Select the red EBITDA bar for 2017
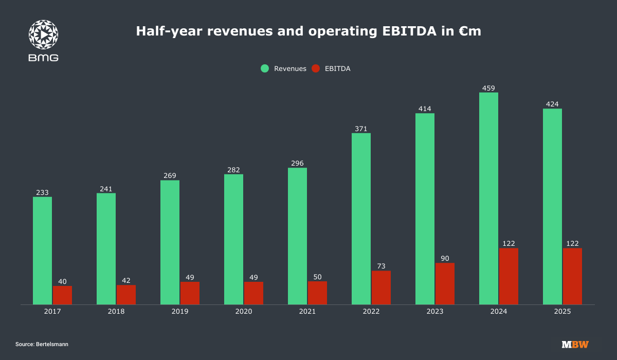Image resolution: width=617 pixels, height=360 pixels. (62, 295)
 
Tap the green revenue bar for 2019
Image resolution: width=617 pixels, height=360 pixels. (170, 242)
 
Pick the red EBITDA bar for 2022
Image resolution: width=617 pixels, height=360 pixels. (381, 287)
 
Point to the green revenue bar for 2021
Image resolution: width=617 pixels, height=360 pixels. (297, 236)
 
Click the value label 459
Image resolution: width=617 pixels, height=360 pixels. (488, 88)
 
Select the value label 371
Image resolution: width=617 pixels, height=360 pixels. (361, 129)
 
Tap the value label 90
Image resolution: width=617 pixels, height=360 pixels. (445, 258)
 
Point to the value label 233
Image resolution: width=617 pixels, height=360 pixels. (42, 192)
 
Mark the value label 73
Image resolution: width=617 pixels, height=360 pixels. (381, 266)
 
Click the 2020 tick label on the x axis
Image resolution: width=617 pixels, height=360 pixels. (244, 312)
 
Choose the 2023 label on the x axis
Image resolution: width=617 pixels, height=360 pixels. (435, 312)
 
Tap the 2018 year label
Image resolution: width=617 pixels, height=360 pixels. (116, 312)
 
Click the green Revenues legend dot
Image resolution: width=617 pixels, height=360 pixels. (265, 68)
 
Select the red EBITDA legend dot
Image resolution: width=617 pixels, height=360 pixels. (316, 68)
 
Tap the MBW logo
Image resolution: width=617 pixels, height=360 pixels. (575, 344)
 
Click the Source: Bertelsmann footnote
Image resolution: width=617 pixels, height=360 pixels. (42, 344)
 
